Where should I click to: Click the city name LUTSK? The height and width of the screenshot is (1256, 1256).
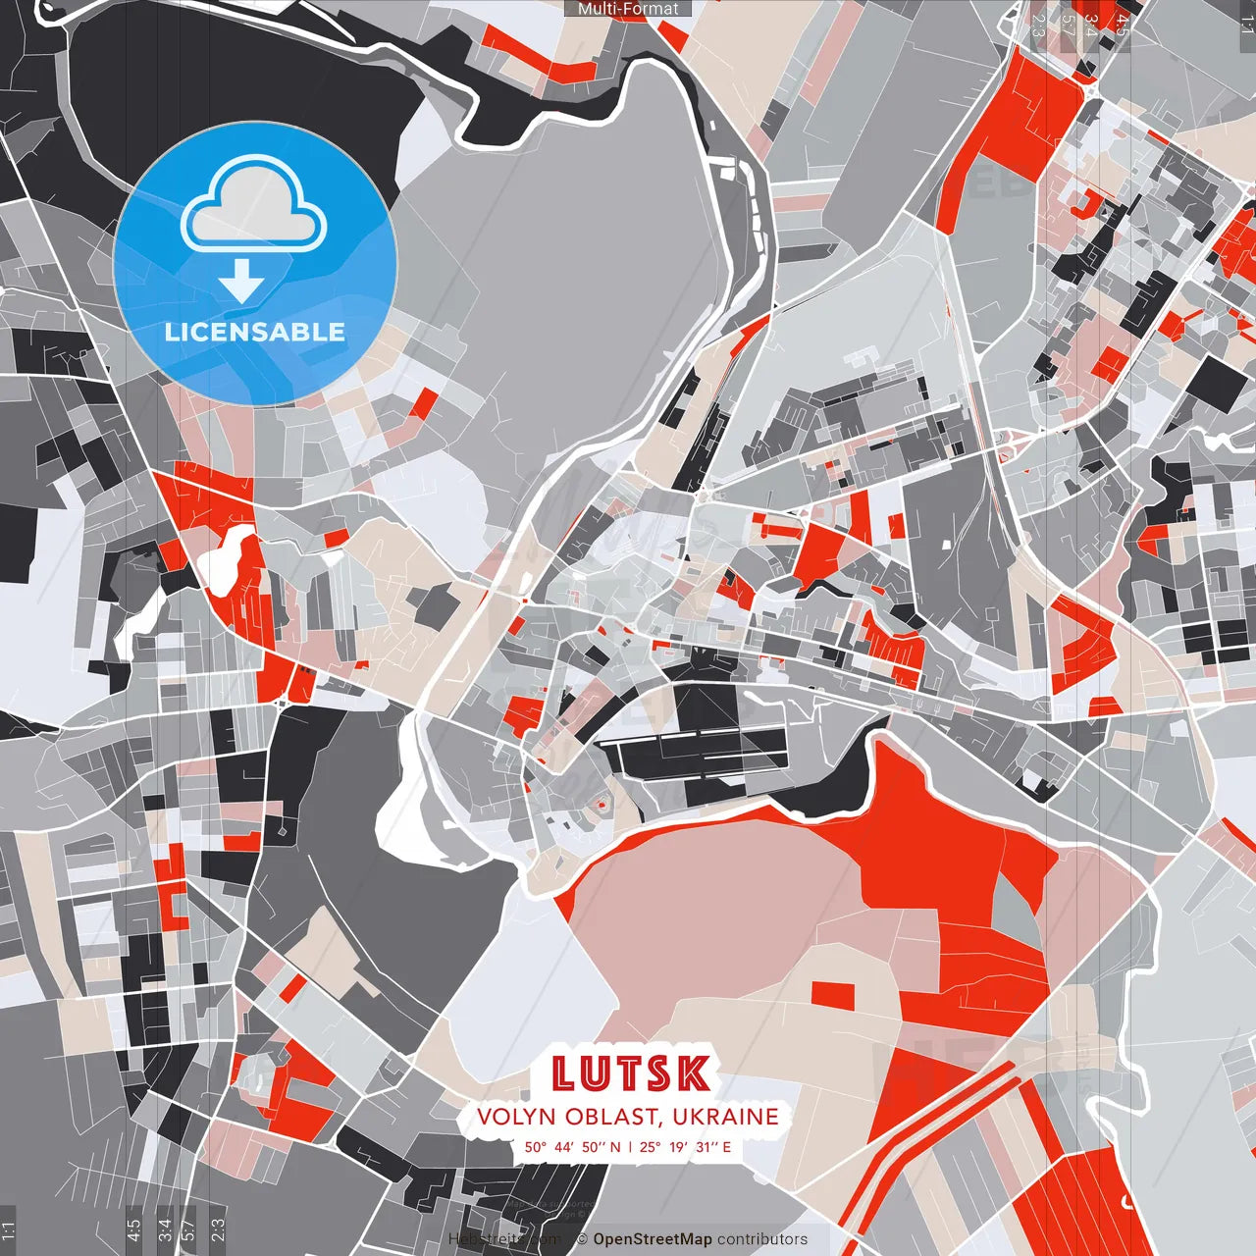coord(630,1073)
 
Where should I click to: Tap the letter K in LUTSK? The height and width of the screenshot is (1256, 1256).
coord(694,1073)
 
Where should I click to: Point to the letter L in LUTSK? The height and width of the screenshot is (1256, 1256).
coord(563,1073)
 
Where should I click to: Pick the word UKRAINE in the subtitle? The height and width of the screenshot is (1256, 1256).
coord(726,1117)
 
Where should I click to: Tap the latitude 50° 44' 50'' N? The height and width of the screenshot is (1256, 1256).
coord(572,1146)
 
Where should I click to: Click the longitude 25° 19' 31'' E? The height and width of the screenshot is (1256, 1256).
coord(686,1146)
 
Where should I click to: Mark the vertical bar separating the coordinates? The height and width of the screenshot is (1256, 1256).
coord(630,1146)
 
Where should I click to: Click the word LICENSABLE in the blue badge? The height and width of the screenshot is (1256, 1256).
coord(255,332)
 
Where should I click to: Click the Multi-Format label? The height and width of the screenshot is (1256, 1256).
coord(628,9)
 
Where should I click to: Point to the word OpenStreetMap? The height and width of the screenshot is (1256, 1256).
coord(653,1239)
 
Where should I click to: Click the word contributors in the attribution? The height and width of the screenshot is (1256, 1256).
coord(762,1239)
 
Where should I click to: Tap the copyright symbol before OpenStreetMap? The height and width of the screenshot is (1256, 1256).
coord(582,1239)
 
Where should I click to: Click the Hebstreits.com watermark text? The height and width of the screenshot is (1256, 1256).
coord(505,1239)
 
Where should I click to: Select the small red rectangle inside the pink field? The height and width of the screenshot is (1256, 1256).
coord(832,994)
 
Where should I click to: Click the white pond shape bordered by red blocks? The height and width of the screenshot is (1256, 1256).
coord(227,558)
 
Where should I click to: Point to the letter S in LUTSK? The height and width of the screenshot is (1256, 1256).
coord(660,1073)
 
